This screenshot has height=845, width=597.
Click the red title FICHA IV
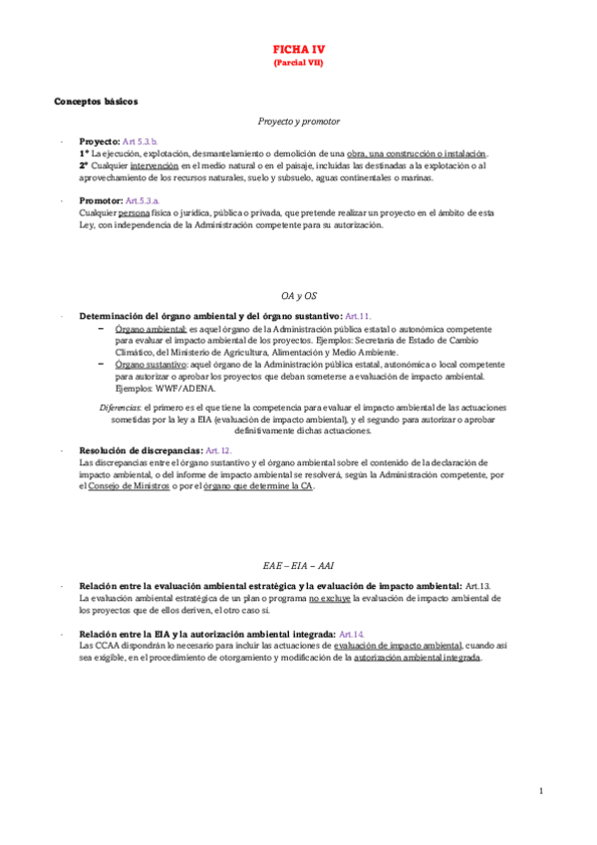tap(298, 49)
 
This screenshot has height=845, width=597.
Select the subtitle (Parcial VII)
tap(298, 62)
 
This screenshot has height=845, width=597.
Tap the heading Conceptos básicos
tap(96, 101)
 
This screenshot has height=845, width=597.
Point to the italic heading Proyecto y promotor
tap(298, 121)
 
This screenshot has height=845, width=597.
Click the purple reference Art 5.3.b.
tap(141, 142)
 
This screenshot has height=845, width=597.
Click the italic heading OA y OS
tap(298, 296)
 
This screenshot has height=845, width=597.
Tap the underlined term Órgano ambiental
tap(150, 328)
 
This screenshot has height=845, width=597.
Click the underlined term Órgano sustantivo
tap(151, 365)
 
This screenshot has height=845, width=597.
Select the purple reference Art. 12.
tap(217, 450)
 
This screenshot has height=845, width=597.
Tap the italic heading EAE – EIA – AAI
tap(298, 564)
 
